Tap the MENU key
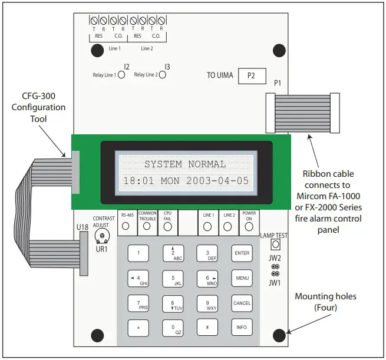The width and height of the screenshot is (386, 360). [x=242, y=278]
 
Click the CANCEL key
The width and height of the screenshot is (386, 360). [x=242, y=302]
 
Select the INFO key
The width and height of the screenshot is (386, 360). [x=242, y=326]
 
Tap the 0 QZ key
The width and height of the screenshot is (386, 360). [x=173, y=327]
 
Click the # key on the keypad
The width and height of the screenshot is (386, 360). [x=207, y=327]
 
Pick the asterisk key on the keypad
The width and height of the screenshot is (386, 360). [x=138, y=327]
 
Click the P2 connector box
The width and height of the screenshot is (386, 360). [x=252, y=77]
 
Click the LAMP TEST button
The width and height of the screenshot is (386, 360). [x=274, y=245]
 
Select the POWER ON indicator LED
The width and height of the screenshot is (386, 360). [x=249, y=226]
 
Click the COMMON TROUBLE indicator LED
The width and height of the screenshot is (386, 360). [x=147, y=226]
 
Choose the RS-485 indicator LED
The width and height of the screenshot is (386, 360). [x=127, y=226]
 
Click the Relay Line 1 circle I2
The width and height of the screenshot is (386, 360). [x=122, y=75]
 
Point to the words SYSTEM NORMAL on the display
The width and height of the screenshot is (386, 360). [x=185, y=164]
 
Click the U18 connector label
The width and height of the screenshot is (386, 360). [x=82, y=227]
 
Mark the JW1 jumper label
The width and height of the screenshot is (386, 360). [x=275, y=283]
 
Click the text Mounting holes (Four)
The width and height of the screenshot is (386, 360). [x=334, y=302]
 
